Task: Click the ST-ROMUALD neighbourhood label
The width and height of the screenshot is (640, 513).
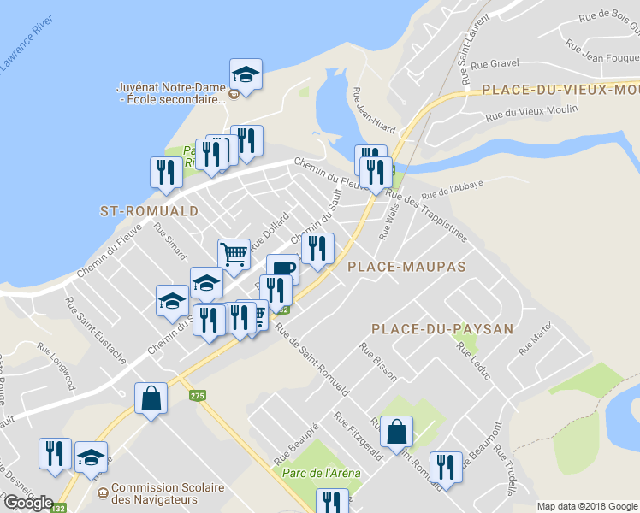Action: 149,210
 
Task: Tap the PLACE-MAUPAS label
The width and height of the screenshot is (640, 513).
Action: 406,267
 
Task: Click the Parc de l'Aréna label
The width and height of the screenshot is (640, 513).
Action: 317,473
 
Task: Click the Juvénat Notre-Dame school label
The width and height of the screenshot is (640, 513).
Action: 171,93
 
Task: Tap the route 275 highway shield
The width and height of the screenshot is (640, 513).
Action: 198,395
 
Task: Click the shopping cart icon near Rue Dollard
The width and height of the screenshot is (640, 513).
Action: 234,253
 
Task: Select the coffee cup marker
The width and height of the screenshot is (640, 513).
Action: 282,269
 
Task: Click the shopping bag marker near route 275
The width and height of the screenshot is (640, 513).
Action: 151,398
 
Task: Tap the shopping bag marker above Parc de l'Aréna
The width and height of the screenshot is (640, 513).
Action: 397,432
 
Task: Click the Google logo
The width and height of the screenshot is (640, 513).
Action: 28,503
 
